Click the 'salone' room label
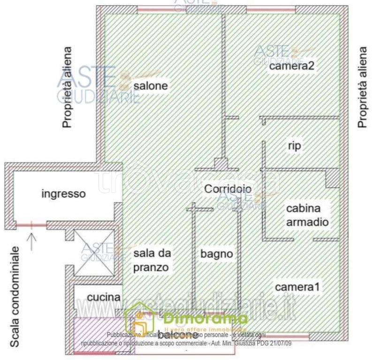[x=150, y=86]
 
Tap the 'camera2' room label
[x=291, y=66]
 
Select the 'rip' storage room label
[x=294, y=146]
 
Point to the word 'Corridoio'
[x=228, y=188]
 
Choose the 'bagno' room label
[x=216, y=254]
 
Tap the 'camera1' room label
[x=297, y=287]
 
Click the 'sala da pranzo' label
[x=151, y=261]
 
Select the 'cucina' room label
[x=104, y=297]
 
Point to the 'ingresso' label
[x=63, y=193]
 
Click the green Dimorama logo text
[x=206, y=319]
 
